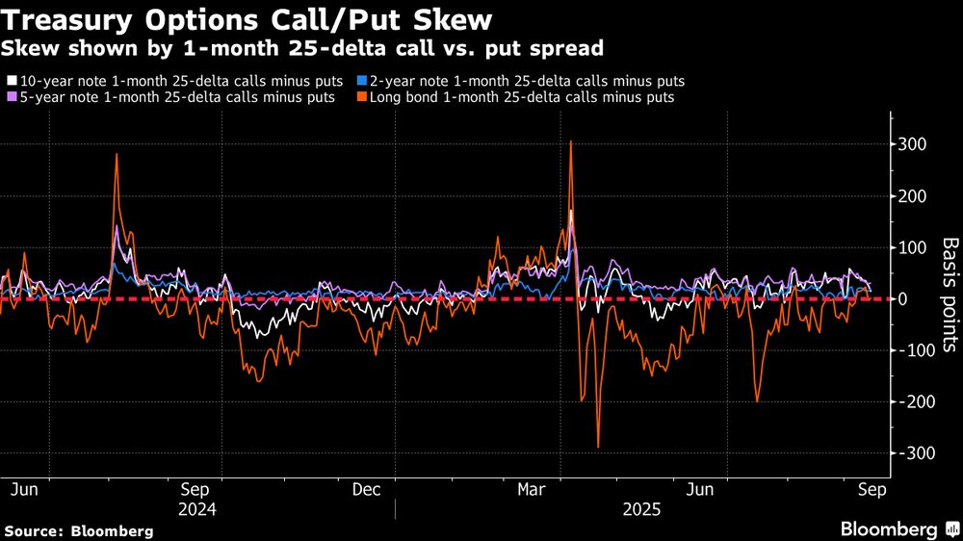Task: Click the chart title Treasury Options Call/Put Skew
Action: coord(250,19)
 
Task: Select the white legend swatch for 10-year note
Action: coord(11,83)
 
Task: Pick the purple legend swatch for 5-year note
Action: coord(11,97)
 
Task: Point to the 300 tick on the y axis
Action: coord(913,144)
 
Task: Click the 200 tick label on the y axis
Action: coord(913,196)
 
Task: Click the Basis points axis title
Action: coord(950,298)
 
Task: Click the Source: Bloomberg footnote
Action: coord(79,530)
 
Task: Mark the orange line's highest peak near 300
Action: coord(571,142)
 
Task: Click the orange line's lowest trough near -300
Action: coord(598,447)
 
